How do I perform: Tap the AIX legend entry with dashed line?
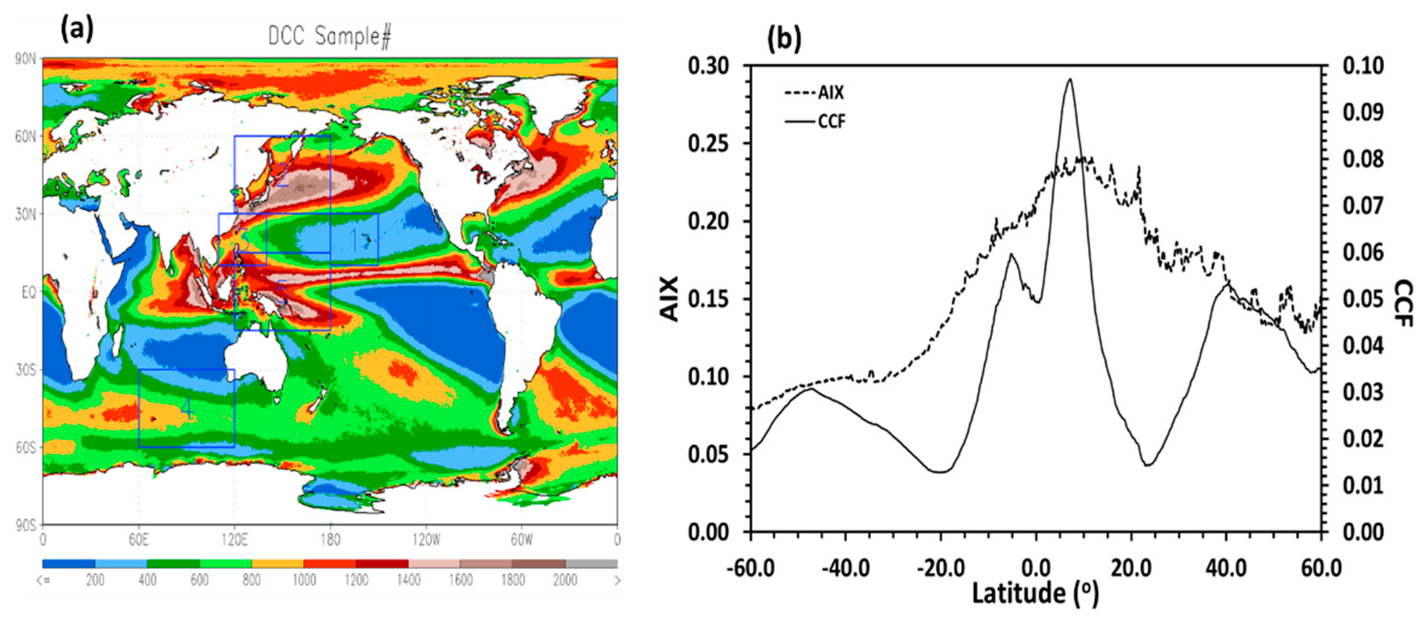[x=814, y=92]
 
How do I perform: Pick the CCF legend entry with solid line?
[x=815, y=121]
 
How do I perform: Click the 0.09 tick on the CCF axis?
[x=1363, y=112]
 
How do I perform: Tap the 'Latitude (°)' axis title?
[x=1035, y=594]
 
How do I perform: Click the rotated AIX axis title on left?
[x=670, y=299]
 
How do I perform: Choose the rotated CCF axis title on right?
[x=1404, y=303]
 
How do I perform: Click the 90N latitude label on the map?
[x=25, y=59]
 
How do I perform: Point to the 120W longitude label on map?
[x=426, y=540]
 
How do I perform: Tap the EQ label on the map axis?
[x=28, y=292]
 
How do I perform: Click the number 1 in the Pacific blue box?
[x=355, y=240]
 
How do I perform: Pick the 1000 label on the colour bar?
[x=304, y=580]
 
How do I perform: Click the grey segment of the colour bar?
[x=591, y=563]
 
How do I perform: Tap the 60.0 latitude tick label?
[x=1321, y=568]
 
